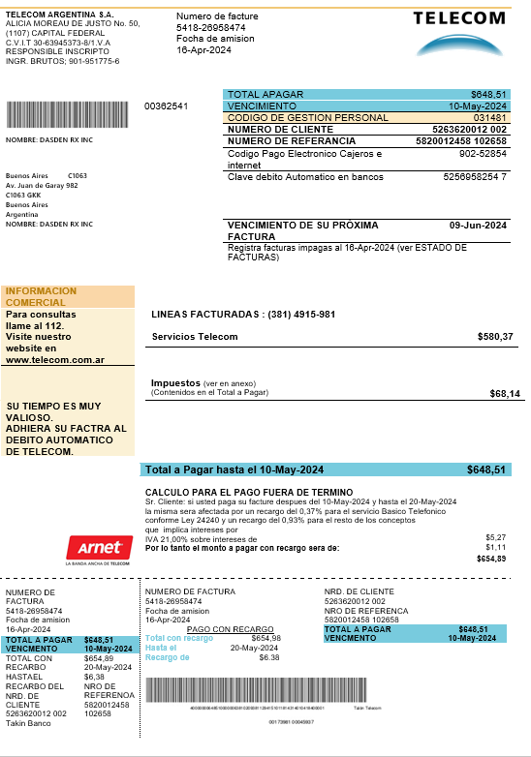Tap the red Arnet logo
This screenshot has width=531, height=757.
(97, 548)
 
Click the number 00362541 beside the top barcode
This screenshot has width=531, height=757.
(166, 106)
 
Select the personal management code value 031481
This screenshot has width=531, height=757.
(489, 118)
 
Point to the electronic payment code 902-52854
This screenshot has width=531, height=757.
(483, 153)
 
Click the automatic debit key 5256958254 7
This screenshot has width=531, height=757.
(475, 177)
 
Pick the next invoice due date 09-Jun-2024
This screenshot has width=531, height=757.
(479, 225)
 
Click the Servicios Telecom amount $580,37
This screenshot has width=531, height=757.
(495, 337)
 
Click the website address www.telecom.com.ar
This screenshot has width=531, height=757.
(55, 360)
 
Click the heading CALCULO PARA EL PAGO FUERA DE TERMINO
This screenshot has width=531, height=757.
(248, 493)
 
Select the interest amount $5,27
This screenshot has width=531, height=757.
(495, 536)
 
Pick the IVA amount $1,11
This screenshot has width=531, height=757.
(495, 547)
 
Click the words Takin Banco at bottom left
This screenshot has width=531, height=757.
(28, 724)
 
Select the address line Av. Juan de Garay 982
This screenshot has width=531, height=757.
(42, 185)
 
